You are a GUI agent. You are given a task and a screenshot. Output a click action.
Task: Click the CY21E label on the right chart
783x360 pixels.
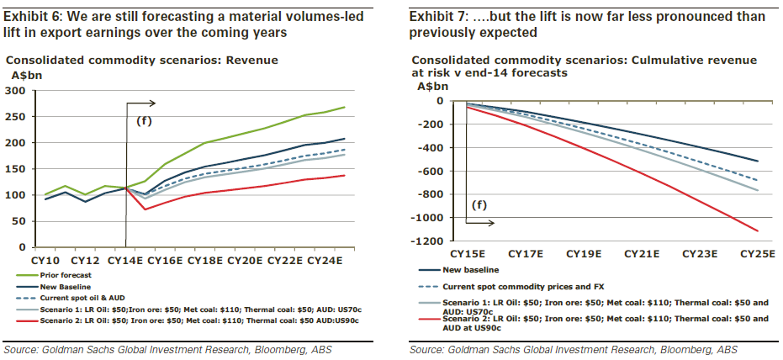[639, 254]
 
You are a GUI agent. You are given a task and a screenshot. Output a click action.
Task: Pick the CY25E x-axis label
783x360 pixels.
[756, 254]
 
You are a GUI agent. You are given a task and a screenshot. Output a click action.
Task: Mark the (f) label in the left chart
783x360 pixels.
[145, 121]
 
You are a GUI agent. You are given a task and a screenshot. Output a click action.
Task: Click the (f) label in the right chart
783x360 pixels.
[479, 204]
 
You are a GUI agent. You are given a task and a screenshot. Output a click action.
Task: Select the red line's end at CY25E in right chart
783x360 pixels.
[758, 230]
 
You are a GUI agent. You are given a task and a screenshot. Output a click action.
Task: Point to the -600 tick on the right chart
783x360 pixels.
[432, 172]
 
